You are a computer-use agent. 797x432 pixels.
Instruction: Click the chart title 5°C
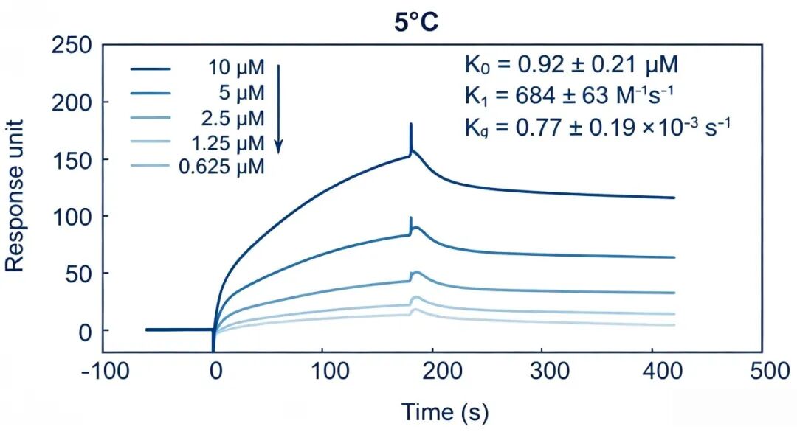tap(415, 23)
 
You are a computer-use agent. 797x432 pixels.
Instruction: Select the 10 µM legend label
tap(236, 67)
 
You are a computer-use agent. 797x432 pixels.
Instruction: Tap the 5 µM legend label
tap(242, 92)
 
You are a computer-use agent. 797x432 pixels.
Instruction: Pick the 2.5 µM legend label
tap(232, 118)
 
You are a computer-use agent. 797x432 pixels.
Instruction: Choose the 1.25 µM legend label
tap(228, 143)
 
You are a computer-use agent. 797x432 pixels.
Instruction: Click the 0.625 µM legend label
tap(221, 167)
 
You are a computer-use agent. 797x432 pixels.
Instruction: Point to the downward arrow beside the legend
tap(278, 108)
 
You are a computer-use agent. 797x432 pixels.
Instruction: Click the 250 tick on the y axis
tap(72, 46)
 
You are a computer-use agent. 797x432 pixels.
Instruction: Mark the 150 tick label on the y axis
tap(72, 161)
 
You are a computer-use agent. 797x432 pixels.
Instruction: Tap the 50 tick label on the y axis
tap(78, 274)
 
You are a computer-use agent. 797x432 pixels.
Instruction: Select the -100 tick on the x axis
tap(106, 371)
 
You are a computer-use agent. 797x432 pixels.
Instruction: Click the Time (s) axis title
tap(445, 411)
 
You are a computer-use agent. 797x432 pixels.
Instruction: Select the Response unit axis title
tap(14, 196)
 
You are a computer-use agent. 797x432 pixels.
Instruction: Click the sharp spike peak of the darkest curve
tap(411, 124)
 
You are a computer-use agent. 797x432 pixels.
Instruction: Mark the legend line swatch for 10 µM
tap(151, 68)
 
